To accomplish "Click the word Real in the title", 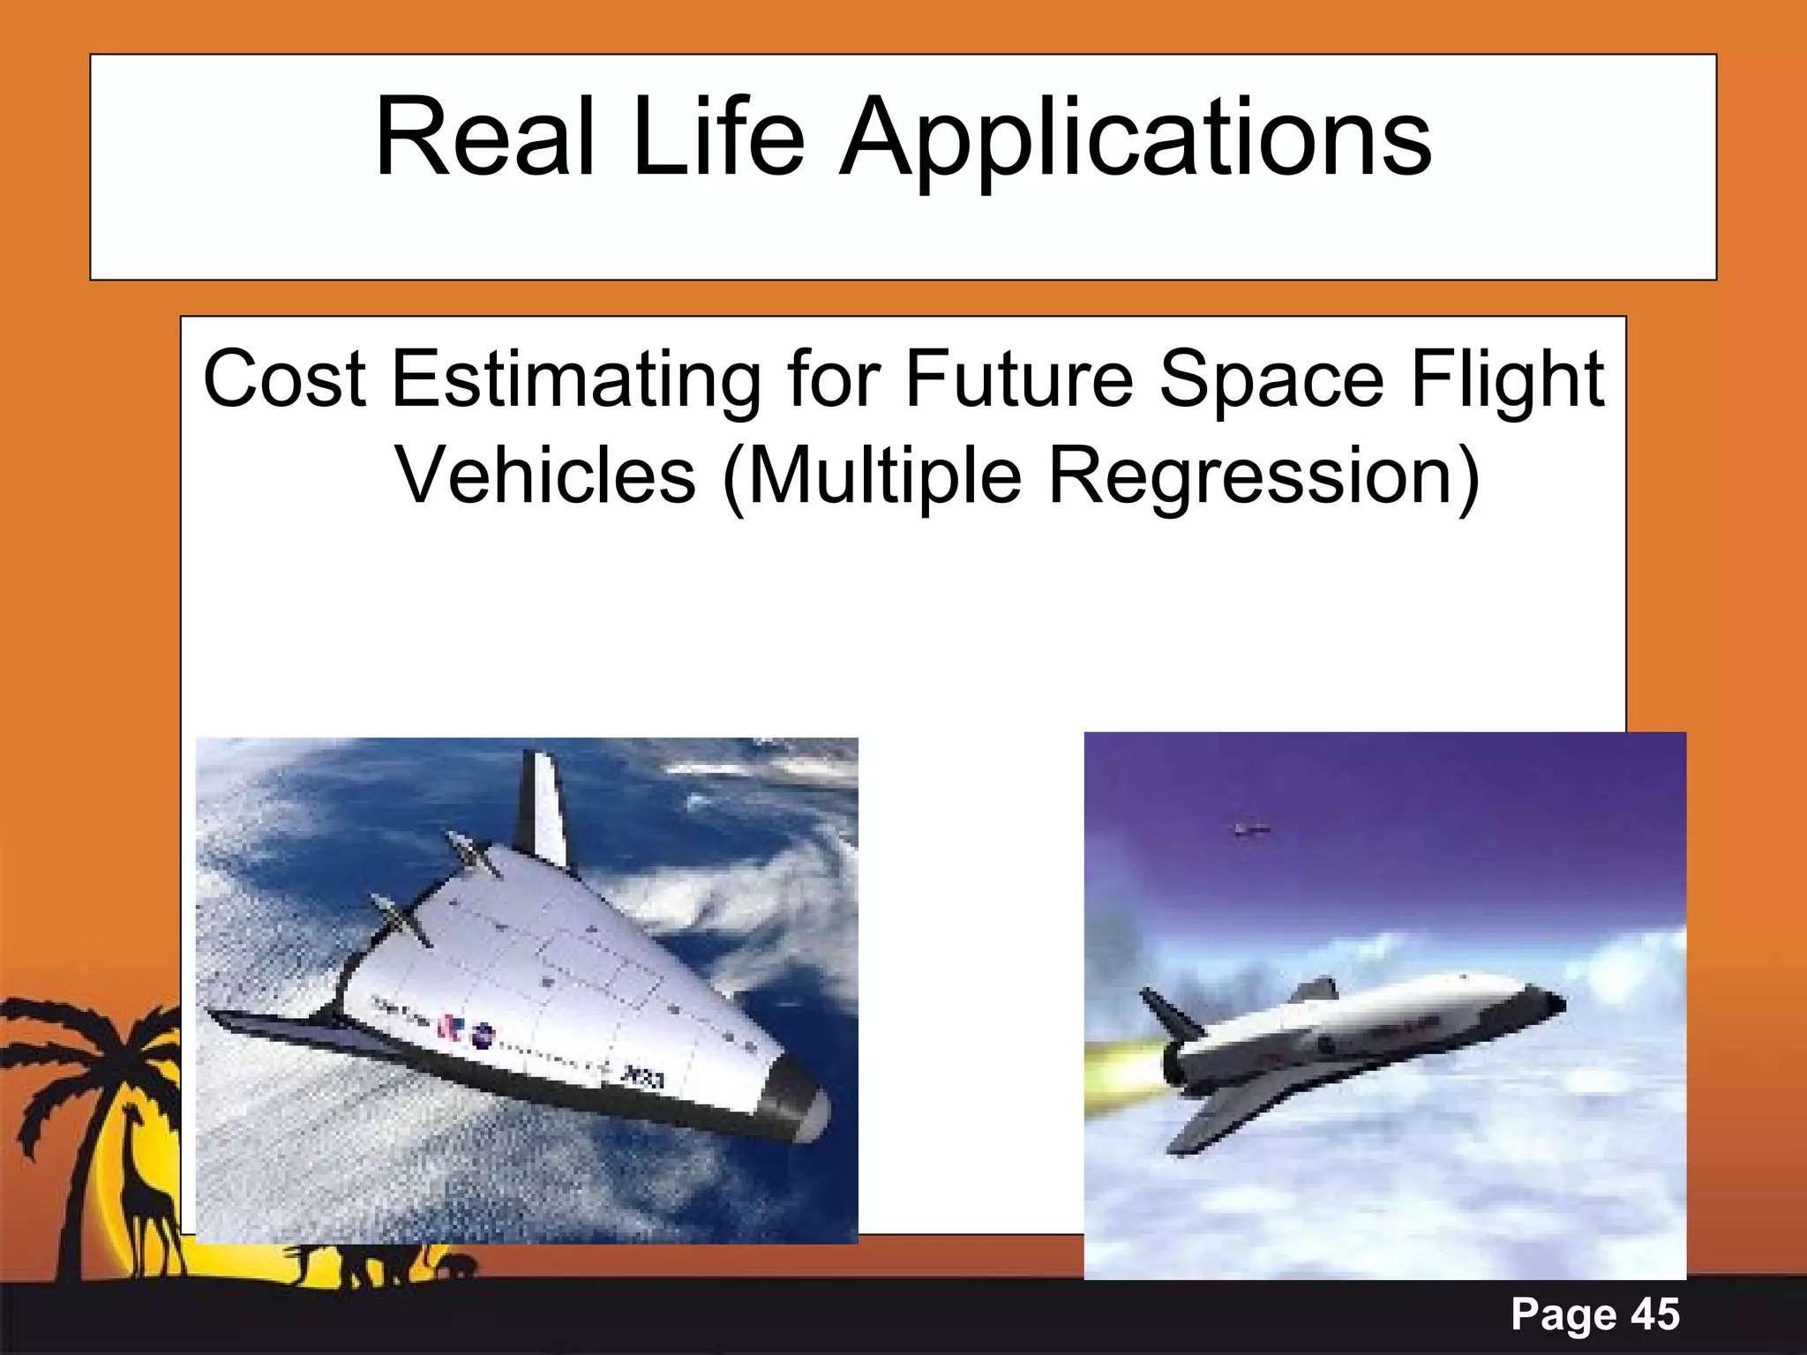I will click(x=484, y=138).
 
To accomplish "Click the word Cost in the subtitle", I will click(x=284, y=379).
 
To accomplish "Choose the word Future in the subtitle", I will click(x=1018, y=379).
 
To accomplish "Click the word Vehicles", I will click(x=545, y=476).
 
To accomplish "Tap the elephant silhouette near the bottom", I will click(x=454, y=1267).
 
